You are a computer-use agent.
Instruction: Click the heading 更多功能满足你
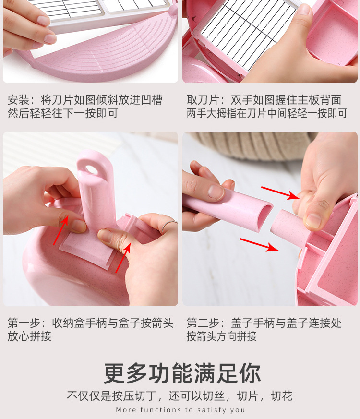[182, 373]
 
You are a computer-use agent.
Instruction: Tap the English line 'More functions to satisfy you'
[180, 410]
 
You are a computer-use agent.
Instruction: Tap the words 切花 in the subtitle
[281, 396]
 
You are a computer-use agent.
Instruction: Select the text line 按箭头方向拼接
[222, 336]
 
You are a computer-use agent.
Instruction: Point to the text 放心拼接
[29, 336]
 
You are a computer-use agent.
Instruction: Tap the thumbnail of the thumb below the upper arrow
[313, 220]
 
